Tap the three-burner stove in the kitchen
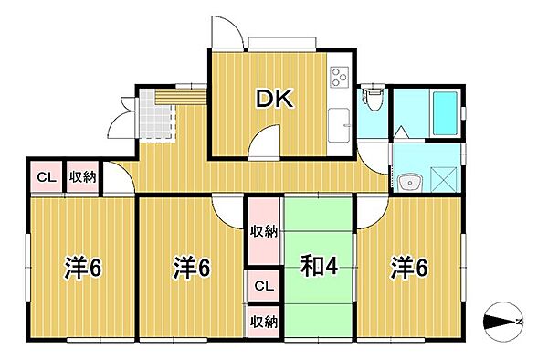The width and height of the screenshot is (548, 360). click(339, 77)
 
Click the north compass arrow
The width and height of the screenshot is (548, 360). click(501, 322)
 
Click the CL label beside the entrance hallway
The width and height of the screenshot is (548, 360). click(45, 177)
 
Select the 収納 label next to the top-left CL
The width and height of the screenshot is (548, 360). click(84, 177)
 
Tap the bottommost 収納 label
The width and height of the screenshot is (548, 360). click(264, 321)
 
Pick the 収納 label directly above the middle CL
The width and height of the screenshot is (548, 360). click(264, 231)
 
